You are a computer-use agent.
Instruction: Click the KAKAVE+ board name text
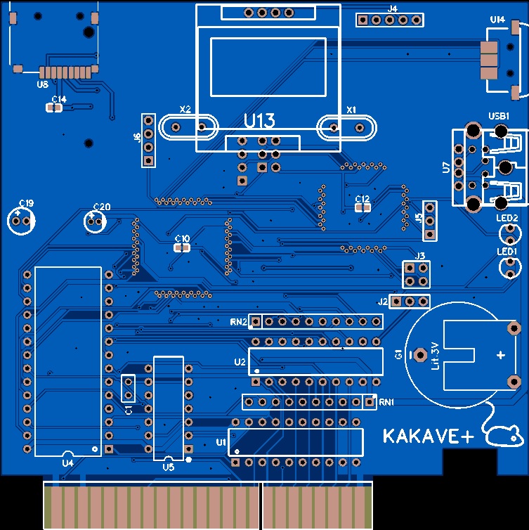coord(429,437)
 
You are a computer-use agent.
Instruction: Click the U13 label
coord(259,121)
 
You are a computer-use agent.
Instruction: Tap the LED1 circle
coord(507,266)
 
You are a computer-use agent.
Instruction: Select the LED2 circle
coord(507,232)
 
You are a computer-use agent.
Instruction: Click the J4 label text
coord(392,9)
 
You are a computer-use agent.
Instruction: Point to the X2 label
coord(185,110)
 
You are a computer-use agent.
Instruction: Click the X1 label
coord(352,110)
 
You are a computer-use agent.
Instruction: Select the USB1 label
coord(499,115)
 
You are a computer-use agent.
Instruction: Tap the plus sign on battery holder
coord(500,355)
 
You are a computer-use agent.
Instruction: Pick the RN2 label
coord(238,322)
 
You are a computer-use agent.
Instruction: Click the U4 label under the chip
coord(67,463)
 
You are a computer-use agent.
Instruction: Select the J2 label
coord(383,302)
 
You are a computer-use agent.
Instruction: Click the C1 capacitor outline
coord(129,389)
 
